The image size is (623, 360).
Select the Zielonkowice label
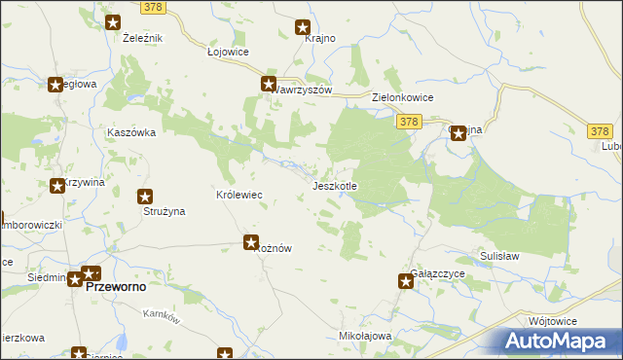click(x=403, y=98)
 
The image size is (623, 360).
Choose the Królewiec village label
click(x=239, y=195)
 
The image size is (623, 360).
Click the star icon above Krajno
click(x=303, y=28)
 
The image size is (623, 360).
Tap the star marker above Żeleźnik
click(x=113, y=22)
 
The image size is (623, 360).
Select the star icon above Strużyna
click(x=145, y=196)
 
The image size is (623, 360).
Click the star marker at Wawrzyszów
click(x=269, y=85)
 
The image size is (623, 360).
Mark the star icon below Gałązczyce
click(x=406, y=281)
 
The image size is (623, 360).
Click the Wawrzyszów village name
click(x=303, y=90)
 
